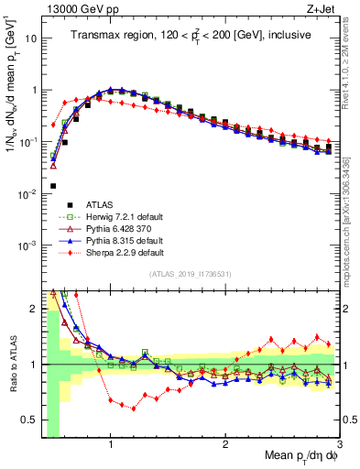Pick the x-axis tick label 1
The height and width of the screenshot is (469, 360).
(x=110, y=445)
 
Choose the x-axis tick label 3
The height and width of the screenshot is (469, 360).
(x=339, y=445)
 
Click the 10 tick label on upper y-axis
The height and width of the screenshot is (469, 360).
(x=31, y=39)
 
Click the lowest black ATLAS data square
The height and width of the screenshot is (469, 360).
(x=53, y=186)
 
